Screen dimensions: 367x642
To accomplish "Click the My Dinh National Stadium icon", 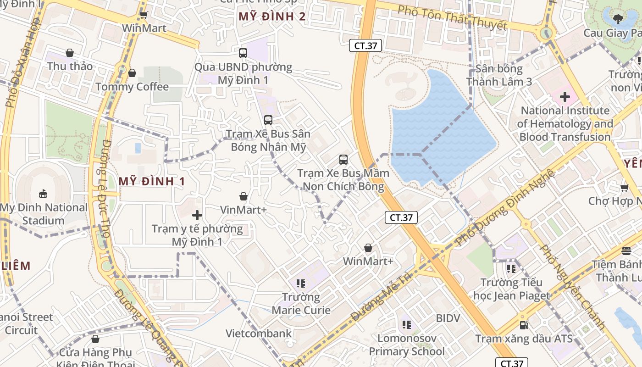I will tap(43, 194).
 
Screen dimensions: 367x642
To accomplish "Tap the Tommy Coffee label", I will tap(132, 87).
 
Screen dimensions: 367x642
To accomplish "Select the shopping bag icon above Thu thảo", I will tap(70, 53).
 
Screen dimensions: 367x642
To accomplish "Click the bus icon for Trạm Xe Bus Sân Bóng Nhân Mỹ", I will tap(268, 120).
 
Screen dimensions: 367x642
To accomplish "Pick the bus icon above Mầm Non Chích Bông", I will tap(343, 160).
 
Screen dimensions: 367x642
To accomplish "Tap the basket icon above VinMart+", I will tap(244, 196).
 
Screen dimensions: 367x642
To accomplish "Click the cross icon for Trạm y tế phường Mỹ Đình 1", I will tap(197, 215).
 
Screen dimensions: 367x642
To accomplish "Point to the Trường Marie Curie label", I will tap(301, 304).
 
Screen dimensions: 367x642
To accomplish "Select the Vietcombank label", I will tap(259, 333).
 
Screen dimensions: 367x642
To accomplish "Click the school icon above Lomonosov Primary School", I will tap(407, 325).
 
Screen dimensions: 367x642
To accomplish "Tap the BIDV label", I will tap(448, 318).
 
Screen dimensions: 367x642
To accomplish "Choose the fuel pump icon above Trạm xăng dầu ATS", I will tap(524, 325).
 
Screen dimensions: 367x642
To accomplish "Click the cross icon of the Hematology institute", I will tap(565, 97).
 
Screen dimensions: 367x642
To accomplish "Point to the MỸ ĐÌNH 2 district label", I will tap(272, 17).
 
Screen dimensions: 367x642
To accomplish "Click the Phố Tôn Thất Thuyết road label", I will tap(452, 17).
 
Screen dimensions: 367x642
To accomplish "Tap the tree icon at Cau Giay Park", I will tap(618, 19).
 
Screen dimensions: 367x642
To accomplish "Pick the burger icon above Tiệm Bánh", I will tap(626, 250).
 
